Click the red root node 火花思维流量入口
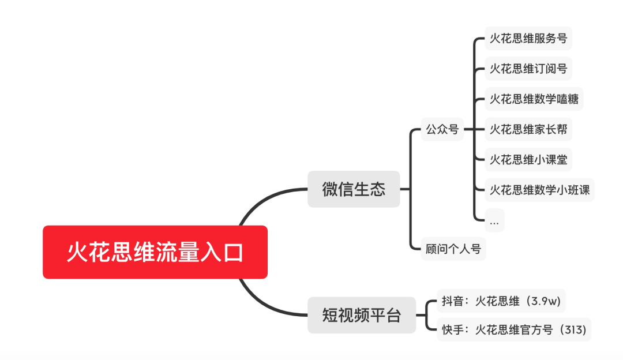(x=155, y=252)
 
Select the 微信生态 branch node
(x=353, y=189)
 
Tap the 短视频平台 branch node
(x=361, y=315)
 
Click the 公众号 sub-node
(x=442, y=129)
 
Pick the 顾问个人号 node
(x=453, y=249)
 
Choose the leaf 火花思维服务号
(x=528, y=39)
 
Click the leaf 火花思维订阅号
(x=528, y=69)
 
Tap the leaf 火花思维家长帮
(x=528, y=129)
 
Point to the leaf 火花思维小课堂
(x=528, y=159)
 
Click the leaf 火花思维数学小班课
(x=539, y=190)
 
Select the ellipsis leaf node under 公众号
(x=494, y=220)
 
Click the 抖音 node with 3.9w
(x=501, y=301)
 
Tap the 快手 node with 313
(x=514, y=330)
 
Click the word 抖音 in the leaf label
(x=452, y=301)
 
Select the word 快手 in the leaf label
(x=452, y=330)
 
